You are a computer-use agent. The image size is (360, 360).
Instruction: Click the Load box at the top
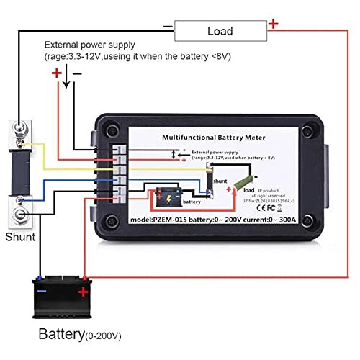click(220, 31)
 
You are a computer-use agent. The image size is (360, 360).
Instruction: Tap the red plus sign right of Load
click(274, 24)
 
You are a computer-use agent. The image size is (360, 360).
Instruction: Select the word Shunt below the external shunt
click(21, 236)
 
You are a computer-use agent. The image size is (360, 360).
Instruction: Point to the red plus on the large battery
click(84, 292)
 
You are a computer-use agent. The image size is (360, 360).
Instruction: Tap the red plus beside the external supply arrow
click(57, 73)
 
